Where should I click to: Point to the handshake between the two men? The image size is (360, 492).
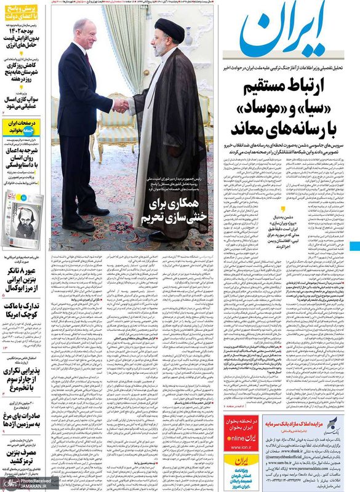coord(121,105)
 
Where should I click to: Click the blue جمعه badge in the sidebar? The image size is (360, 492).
coord(14,130)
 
